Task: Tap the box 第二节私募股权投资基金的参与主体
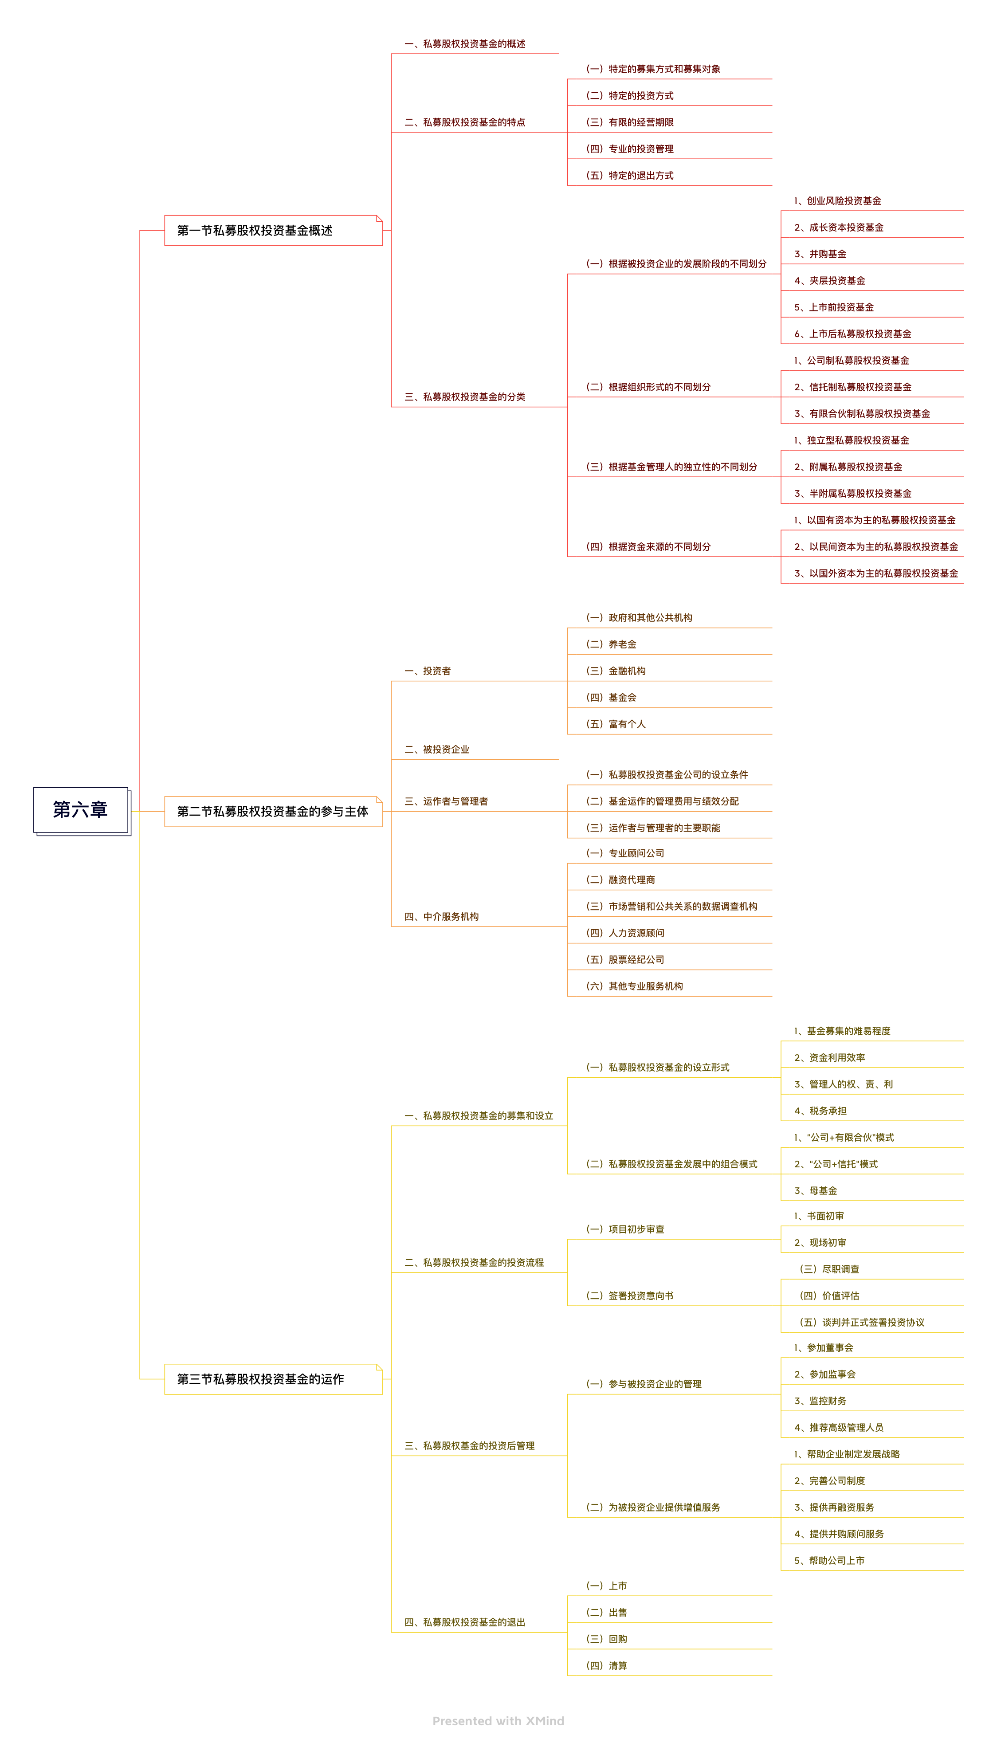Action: click(x=272, y=812)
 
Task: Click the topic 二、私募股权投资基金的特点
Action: click(x=464, y=122)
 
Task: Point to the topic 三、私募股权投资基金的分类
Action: click(x=464, y=397)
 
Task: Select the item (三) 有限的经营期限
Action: click(x=630, y=122)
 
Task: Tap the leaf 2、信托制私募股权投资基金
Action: click(x=852, y=387)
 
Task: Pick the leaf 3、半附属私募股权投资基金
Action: click(x=852, y=494)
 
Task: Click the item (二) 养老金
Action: click(x=612, y=644)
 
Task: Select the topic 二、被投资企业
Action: click(x=437, y=750)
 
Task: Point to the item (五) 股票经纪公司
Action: click(x=625, y=960)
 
